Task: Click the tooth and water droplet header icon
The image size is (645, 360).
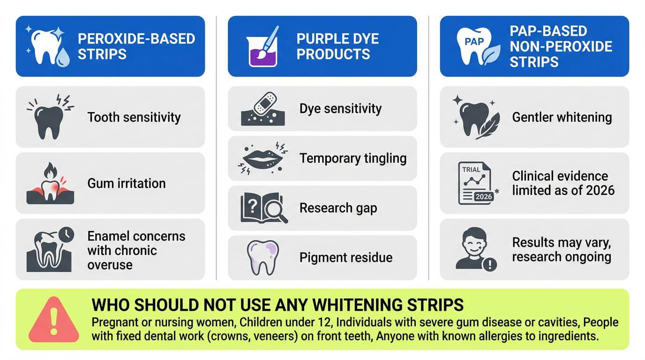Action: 49,46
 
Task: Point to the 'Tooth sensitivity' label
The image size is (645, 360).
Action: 134,117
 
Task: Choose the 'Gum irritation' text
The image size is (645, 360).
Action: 127,183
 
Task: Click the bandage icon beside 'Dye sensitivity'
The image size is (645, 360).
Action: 265,103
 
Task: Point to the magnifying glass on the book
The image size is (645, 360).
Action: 276,211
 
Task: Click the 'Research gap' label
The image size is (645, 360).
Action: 338,208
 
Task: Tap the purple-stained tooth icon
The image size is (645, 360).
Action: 262,257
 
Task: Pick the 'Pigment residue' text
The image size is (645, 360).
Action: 346,257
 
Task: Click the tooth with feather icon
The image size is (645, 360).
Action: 472,117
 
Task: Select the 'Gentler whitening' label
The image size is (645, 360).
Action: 562,117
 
